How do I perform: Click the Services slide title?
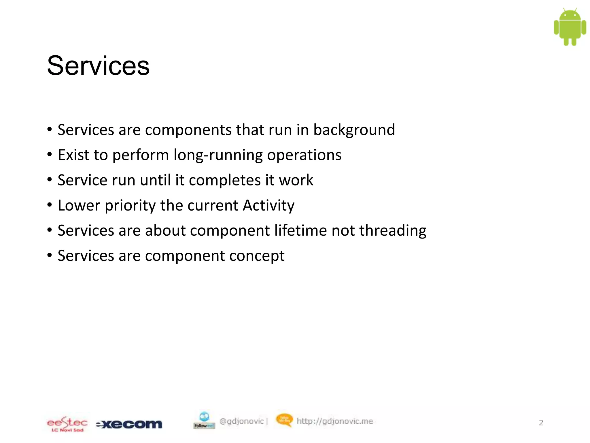tap(98, 66)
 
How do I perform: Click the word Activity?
tap(268, 206)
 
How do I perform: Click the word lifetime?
tap(300, 230)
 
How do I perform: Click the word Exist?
tap(73, 155)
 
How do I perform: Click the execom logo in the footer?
tap(129, 424)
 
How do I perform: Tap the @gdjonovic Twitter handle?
tap(241, 421)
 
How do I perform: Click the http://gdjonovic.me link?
tap(335, 421)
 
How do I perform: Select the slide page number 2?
tap(541, 423)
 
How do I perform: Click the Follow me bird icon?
tap(204, 420)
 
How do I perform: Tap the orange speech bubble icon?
tap(284, 420)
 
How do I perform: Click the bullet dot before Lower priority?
tap(50, 205)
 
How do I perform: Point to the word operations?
tap(304, 155)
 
